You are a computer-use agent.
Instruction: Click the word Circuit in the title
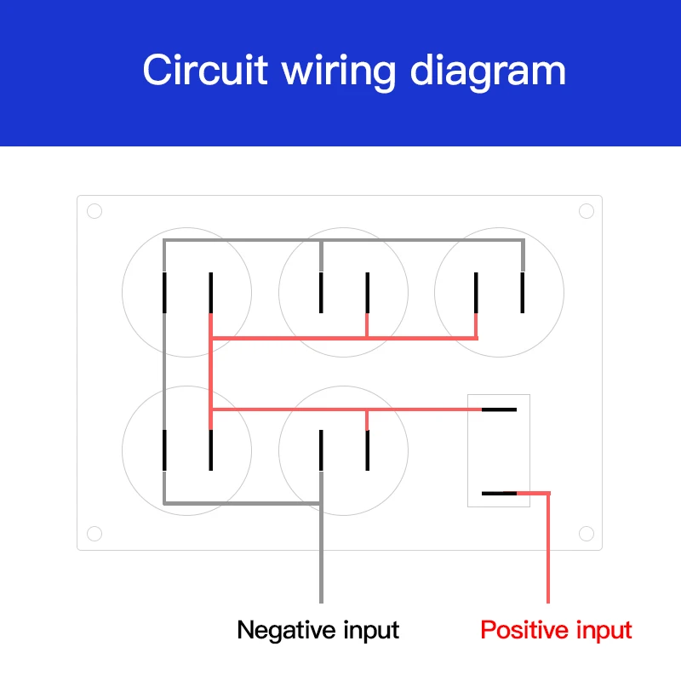(205, 70)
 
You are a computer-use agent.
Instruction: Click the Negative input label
(318, 631)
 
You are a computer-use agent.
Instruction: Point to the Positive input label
(556, 631)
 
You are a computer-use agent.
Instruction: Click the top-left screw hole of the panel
(94, 211)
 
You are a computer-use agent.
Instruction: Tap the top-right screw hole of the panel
(586, 211)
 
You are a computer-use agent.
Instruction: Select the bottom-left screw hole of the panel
(94, 534)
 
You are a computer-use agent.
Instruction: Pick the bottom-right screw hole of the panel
(586, 534)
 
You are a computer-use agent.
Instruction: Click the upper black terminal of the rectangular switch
(499, 409)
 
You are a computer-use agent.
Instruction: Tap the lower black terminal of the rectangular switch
(499, 494)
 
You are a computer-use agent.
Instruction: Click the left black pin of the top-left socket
(164, 293)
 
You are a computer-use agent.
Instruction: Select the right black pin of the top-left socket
(210, 293)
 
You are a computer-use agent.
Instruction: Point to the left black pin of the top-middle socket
(321, 293)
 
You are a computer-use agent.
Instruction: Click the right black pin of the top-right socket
(523, 293)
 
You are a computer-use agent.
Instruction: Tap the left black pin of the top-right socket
(476, 293)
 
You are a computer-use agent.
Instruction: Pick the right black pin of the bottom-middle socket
(367, 450)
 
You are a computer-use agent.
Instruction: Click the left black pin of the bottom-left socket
(164, 450)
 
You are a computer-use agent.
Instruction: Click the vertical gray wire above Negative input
(321, 553)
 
